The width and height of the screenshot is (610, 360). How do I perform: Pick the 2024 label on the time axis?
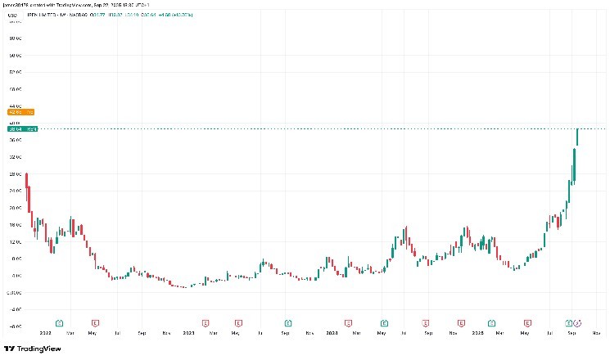click(x=332, y=334)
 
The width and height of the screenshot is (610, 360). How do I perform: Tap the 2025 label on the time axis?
click(x=477, y=334)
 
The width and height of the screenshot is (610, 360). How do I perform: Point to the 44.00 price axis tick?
click(x=14, y=106)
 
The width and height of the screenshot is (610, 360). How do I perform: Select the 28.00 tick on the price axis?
click(x=14, y=174)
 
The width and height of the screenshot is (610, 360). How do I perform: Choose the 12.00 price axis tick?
click(x=14, y=242)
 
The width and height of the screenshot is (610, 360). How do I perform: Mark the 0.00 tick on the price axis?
click(x=14, y=293)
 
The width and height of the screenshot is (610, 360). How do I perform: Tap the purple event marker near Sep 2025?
click(x=579, y=322)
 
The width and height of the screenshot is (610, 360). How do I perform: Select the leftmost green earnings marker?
click(x=59, y=322)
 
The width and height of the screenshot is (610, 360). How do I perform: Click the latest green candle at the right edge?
click(x=577, y=137)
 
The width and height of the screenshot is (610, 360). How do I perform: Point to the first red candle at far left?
click(x=27, y=180)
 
